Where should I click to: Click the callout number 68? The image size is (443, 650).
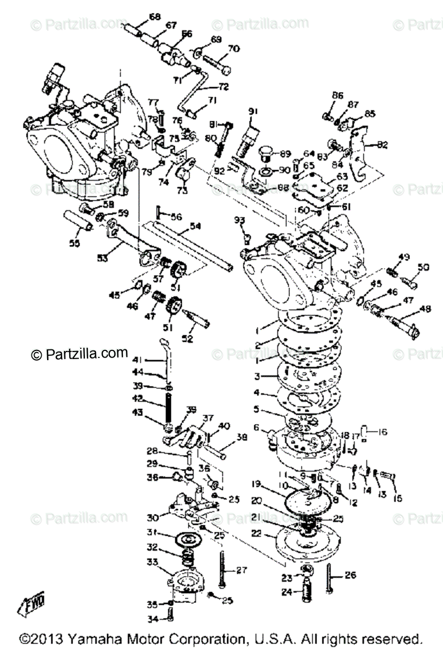(155, 17)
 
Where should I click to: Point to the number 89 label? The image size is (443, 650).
(285, 153)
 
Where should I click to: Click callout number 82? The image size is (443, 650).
(382, 145)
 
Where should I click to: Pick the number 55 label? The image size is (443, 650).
(74, 243)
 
